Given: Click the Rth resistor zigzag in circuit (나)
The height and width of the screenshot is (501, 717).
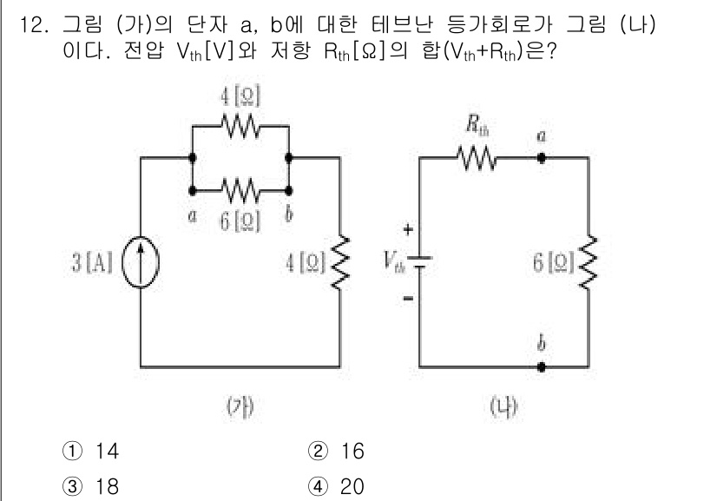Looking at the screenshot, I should [x=475, y=158].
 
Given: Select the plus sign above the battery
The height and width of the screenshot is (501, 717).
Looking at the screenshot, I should [x=409, y=229].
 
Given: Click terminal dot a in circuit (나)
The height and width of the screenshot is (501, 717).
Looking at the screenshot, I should [x=542, y=158].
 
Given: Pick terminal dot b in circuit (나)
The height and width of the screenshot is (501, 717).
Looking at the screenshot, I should [x=542, y=366].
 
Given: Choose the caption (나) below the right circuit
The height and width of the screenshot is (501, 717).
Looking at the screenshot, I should [x=504, y=404].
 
